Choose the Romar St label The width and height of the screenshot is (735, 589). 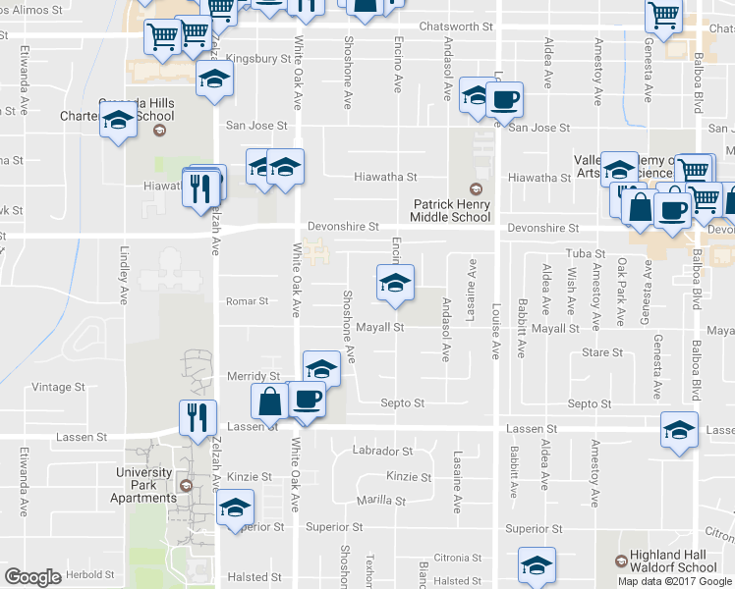tap(247, 301)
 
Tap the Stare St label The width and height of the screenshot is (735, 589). tap(602, 352)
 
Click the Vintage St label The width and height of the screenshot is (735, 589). tap(60, 387)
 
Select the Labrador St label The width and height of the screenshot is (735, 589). tap(382, 452)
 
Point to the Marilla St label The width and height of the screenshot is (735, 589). tap(381, 500)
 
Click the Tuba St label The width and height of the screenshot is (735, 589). tap(586, 253)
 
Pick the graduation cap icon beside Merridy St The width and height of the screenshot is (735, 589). tap(321, 368)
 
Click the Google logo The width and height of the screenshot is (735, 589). tap(32, 577)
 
